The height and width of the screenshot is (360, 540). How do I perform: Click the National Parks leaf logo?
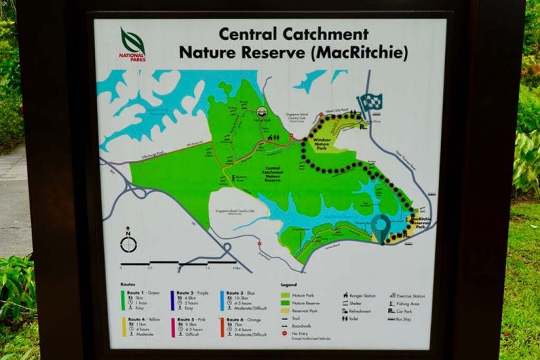point(132,43)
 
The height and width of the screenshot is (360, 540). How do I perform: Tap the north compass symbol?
point(128,243)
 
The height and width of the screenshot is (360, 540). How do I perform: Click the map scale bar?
point(179,263)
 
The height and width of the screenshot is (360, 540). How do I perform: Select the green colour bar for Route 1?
point(123,300)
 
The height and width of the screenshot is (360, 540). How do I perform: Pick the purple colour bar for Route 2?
point(172,300)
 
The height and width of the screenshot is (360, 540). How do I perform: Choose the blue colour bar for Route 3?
point(222,300)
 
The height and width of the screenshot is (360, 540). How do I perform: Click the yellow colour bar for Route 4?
point(123,328)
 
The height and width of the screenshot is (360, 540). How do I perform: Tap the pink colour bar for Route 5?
point(172,328)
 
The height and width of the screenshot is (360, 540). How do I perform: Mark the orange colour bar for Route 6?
point(222,328)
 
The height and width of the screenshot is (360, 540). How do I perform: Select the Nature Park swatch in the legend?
point(285,295)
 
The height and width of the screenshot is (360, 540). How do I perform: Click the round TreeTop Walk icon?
point(262,112)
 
